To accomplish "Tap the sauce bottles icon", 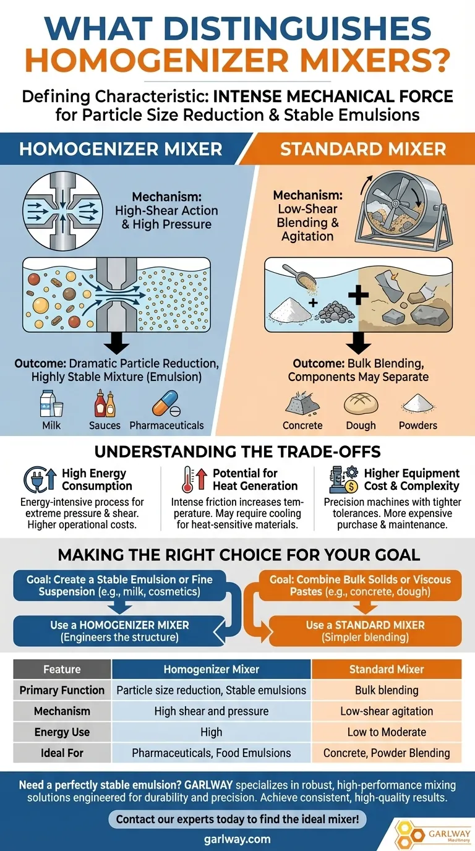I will click(105, 404).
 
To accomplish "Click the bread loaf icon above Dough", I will click(361, 404).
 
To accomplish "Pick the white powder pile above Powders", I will click(417, 404).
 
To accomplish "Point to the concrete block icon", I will click(302, 404).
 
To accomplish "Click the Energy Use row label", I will click(62, 732).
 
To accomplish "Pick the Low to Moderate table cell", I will click(387, 732).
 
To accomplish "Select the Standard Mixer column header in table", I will click(387, 669).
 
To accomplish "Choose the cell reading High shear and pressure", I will click(211, 711).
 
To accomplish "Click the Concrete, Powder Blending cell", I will click(387, 753).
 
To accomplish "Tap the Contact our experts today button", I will click(237, 820).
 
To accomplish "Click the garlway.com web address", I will click(237, 839).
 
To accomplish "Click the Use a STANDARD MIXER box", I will click(365, 631).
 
